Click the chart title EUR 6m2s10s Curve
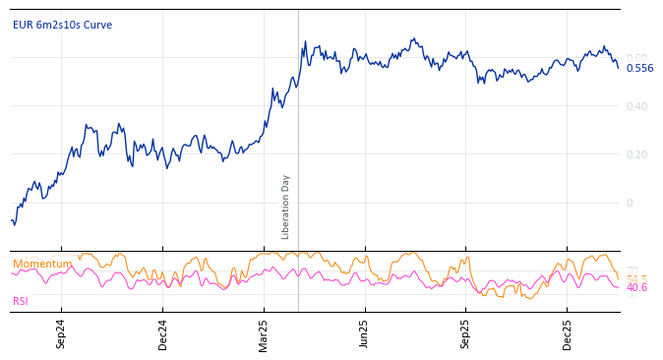(x=62, y=26)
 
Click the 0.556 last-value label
(x=639, y=68)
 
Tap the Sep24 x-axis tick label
(x=61, y=333)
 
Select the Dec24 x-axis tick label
(x=163, y=333)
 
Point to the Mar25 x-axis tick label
(x=264, y=333)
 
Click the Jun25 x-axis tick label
(x=365, y=333)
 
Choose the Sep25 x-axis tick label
(x=466, y=333)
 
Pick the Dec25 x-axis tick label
(x=568, y=333)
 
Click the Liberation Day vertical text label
(x=286, y=207)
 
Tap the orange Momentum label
(x=41, y=264)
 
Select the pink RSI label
(x=21, y=301)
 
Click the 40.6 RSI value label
(x=636, y=288)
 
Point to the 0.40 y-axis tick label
(x=636, y=106)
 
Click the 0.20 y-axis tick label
(x=636, y=154)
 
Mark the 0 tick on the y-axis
(x=630, y=203)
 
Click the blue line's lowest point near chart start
(x=14, y=225)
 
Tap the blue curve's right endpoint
(x=619, y=68)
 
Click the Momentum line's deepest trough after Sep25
(x=527, y=298)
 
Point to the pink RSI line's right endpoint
(x=619, y=287)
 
